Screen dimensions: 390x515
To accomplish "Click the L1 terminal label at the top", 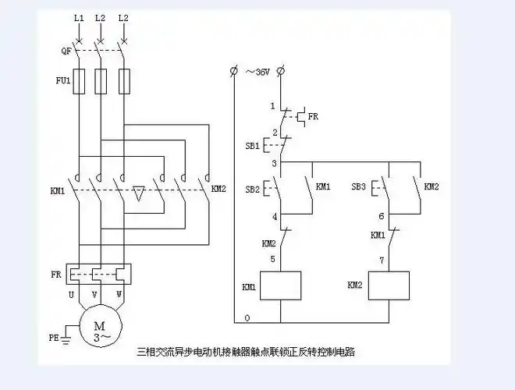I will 78,16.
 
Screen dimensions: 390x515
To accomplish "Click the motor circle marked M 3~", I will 99,331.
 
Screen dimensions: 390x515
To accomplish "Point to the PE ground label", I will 54,338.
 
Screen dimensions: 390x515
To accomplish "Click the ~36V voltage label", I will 257,72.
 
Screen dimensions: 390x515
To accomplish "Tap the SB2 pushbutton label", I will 254,190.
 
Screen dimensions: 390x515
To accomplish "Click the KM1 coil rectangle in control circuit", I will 280,286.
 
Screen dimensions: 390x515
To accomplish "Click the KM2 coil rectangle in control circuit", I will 388,286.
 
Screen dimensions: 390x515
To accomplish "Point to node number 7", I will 381,258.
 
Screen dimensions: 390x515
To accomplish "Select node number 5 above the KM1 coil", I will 273,258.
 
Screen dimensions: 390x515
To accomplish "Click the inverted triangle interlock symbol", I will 137,193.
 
